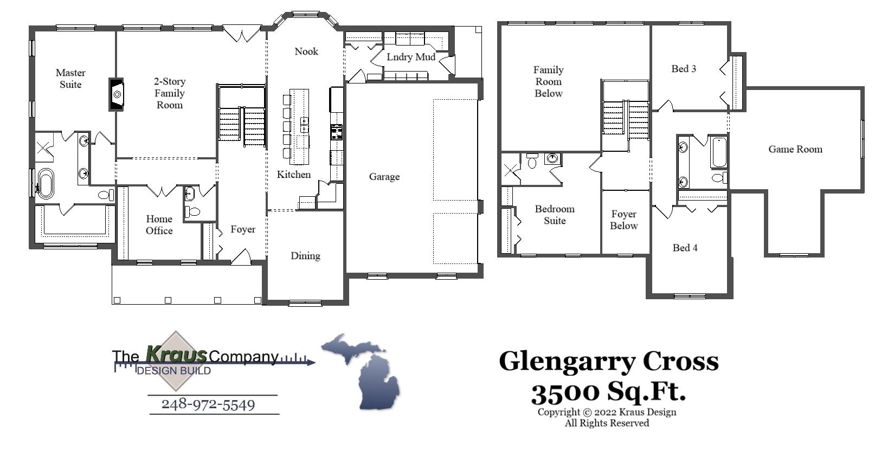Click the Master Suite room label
tap(70, 79)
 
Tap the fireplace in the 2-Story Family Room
tap(117, 94)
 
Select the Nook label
tap(306, 52)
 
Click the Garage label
tap(384, 177)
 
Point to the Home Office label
tap(159, 225)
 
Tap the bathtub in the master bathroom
tap(45, 184)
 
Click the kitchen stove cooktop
tap(337, 132)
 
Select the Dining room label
tap(305, 256)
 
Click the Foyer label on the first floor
tap(242, 229)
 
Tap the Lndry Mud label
tap(410, 57)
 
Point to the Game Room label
tap(795, 149)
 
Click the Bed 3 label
tap(684, 69)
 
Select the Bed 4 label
tap(685, 248)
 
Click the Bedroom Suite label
tap(555, 215)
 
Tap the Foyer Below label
tap(623, 220)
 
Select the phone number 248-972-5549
tap(208, 404)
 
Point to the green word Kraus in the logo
tap(176, 355)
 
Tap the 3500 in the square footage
tap(565, 392)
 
